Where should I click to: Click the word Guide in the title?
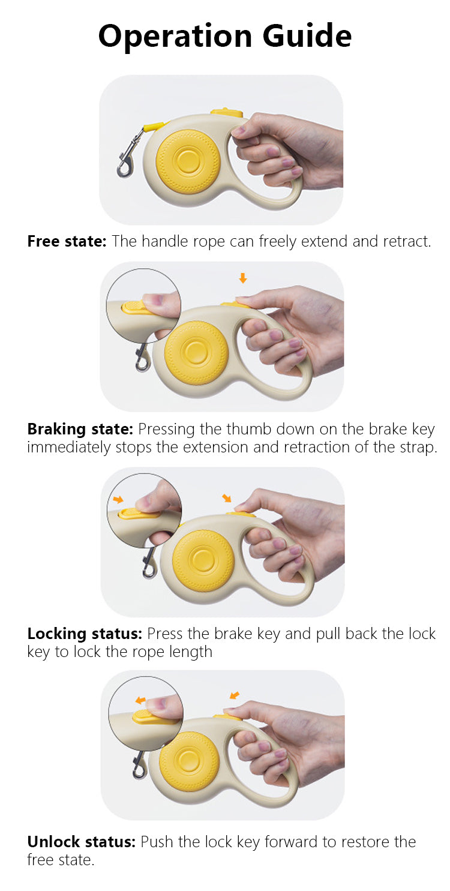coord(307,36)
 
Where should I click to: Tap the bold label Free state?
coord(67,241)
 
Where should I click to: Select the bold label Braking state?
coord(80,429)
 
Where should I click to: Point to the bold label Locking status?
coord(85,634)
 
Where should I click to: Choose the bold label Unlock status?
coord(81,842)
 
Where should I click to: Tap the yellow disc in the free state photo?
coord(187,161)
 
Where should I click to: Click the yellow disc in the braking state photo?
coord(196,353)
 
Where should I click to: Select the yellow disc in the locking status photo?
coord(203,560)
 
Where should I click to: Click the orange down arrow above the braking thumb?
coord(243,278)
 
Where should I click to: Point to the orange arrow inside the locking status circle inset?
coord(118,499)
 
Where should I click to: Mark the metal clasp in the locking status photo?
coord(149,562)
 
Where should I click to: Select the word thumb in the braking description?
coord(249,429)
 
